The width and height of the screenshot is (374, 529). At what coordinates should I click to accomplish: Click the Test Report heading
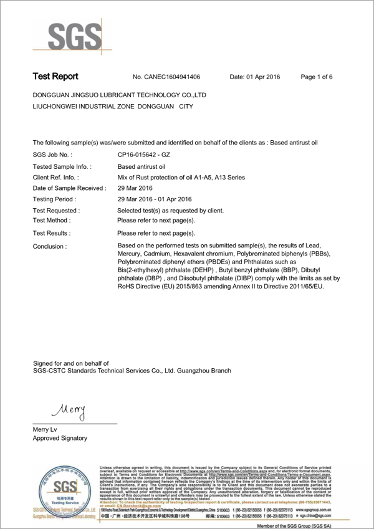[x=55, y=77]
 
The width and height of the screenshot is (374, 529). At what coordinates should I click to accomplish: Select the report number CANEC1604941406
[x=166, y=77]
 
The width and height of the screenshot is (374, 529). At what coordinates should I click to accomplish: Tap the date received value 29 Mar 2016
[x=136, y=189]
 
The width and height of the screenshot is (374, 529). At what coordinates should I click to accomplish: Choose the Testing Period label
[x=54, y=199]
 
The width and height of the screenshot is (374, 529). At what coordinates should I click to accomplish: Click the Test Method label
[x=52, y=221]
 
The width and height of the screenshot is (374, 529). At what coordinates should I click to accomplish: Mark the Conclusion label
[x=49, y=246]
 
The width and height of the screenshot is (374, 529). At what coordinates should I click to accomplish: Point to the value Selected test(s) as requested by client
[x=170, y=211]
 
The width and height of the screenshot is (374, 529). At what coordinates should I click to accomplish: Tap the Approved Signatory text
[x=60, y=439]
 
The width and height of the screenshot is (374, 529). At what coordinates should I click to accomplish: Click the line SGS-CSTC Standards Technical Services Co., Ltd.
[x=132, y=371]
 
